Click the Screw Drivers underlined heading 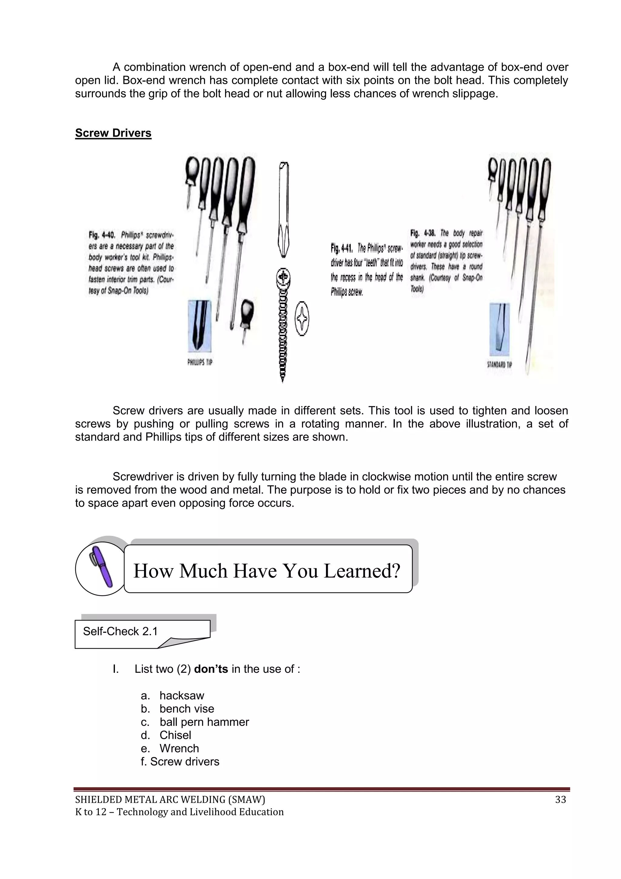pos(113,133)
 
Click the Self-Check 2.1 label pos(120,631)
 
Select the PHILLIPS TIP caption pos(200,362)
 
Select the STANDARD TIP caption pos(499,364)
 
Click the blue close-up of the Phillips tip pos(200,326)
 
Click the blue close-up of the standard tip pos(499,329)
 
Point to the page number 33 pos(560,799)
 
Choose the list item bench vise pos(186,709)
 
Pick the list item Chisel pos(175,735)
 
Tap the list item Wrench pos(179,748)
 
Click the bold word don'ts pos(211,669)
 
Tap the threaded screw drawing pos(283,329)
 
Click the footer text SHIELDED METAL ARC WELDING pos(170,799)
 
